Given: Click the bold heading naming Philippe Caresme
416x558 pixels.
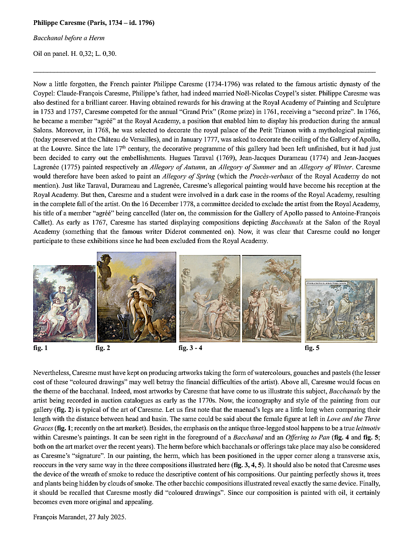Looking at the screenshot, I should (x=94, y=22).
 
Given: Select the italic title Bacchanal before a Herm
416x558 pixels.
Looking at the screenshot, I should (x=69, y=38).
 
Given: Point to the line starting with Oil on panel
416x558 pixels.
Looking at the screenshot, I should (x=75, y=53).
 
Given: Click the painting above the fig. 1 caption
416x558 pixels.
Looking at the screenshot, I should (x=64, y=303).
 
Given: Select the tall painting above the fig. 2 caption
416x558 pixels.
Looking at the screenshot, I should (x=136, y=297).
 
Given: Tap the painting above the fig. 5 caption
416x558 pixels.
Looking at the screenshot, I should (x=341, y=310).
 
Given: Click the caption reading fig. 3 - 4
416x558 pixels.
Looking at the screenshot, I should (x=190, y=348).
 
